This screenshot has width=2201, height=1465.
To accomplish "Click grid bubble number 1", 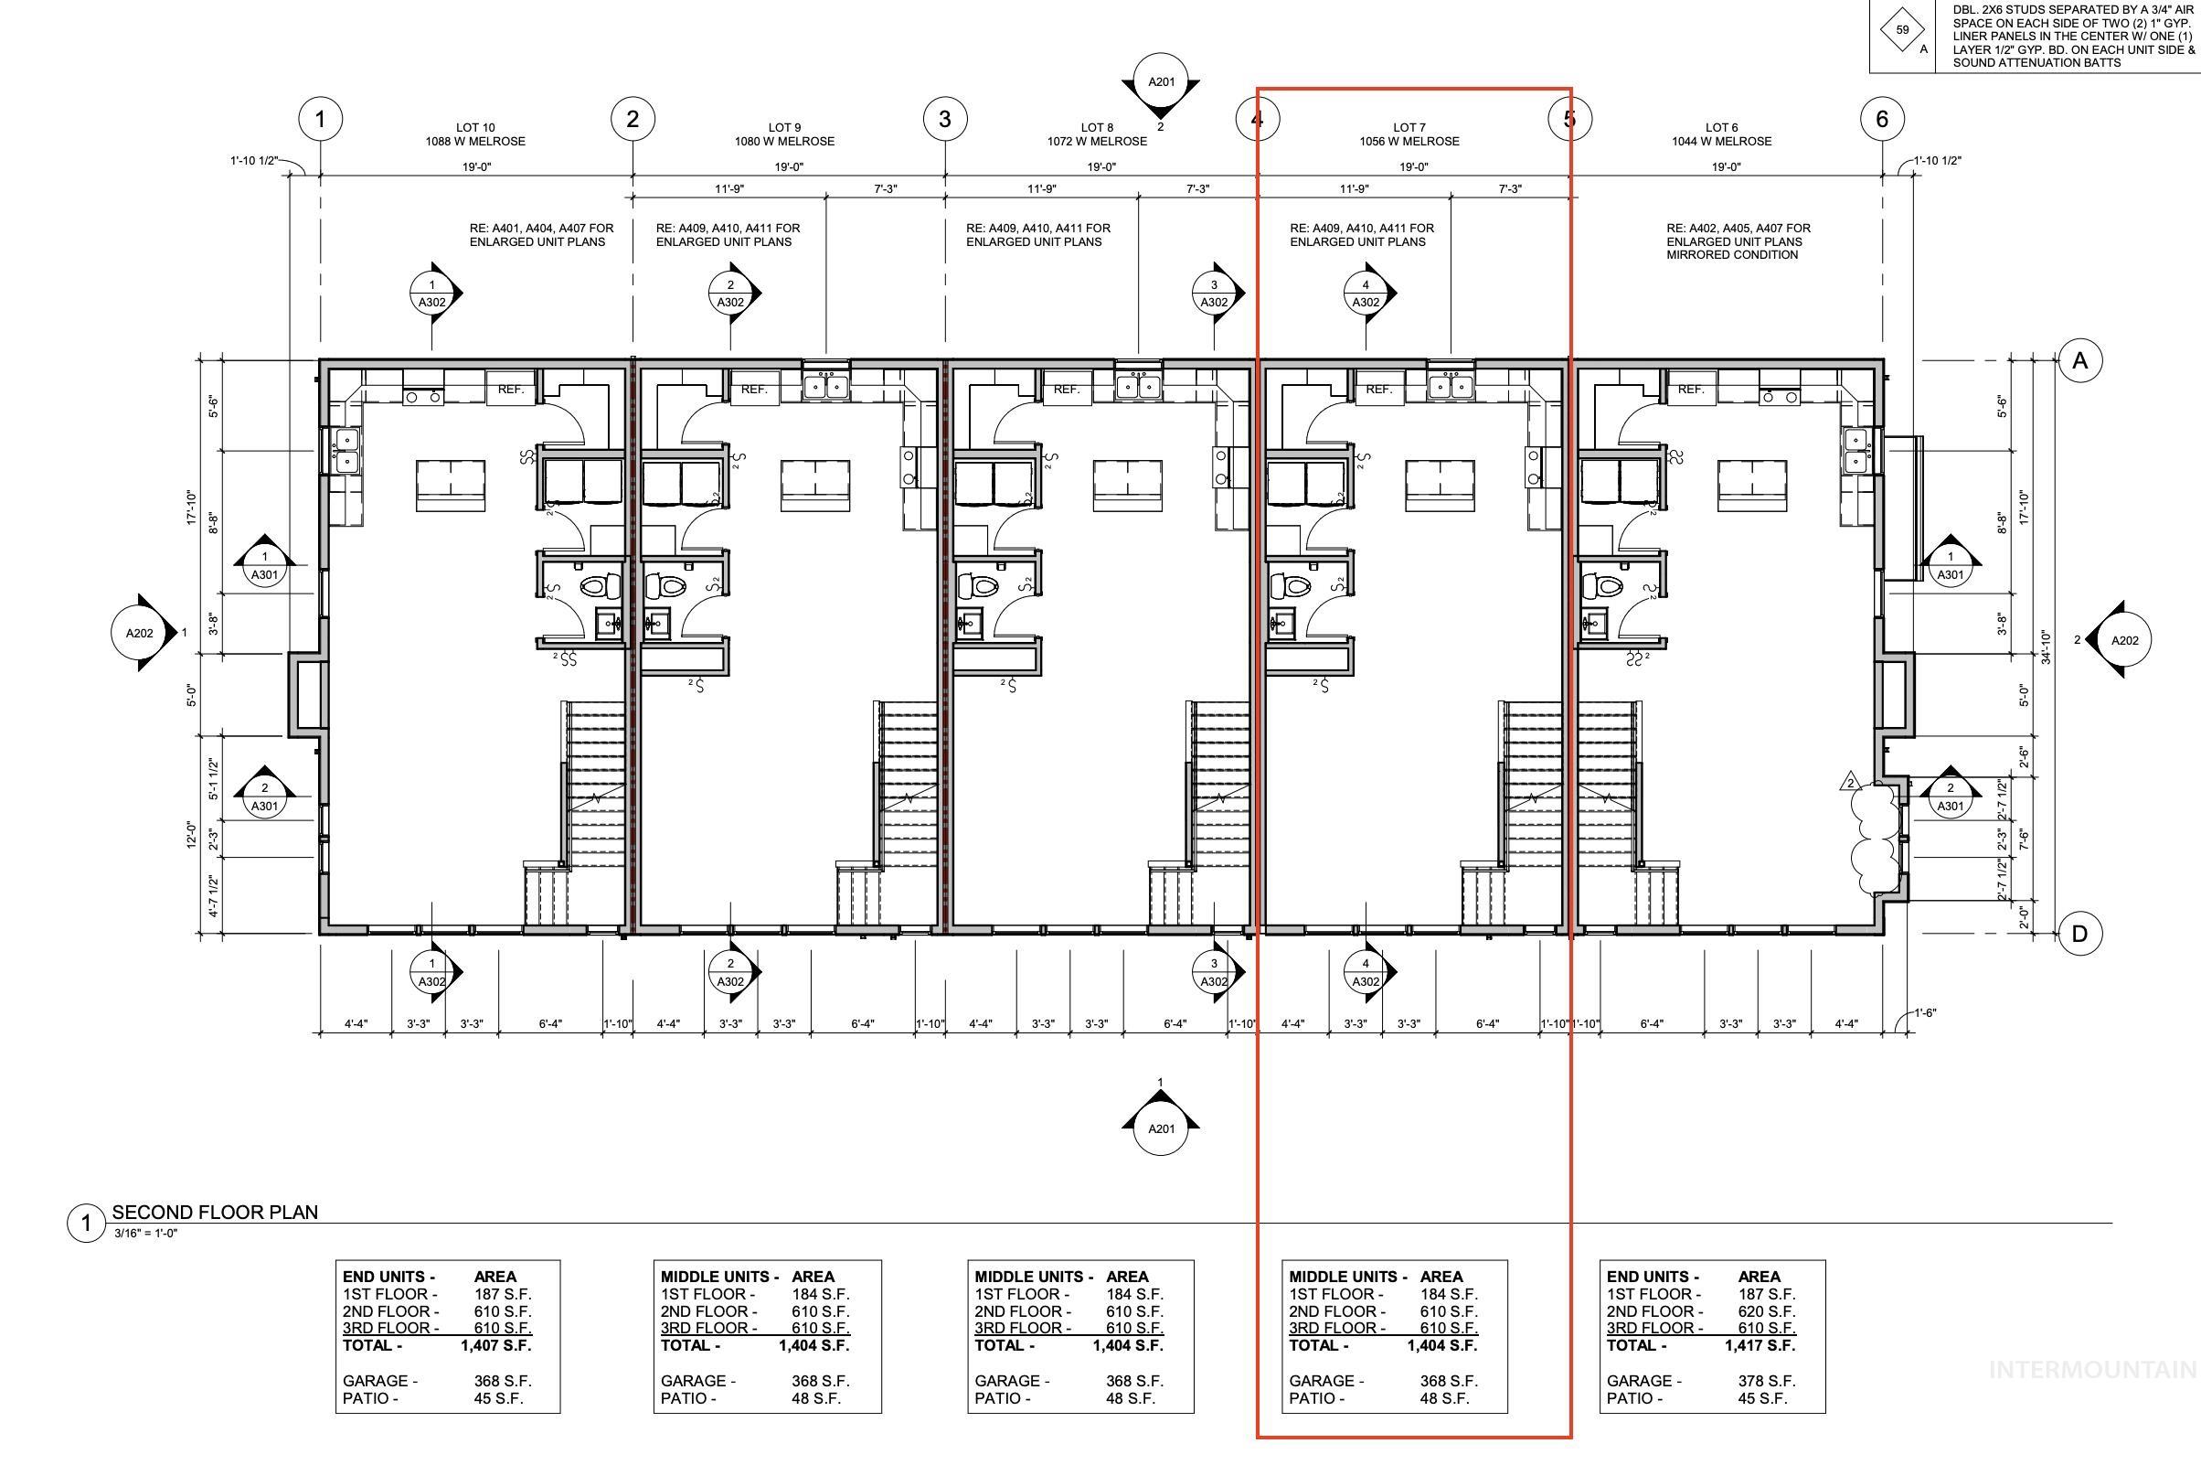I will pos(320,119).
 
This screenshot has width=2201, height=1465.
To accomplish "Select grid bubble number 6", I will pos(1882,119).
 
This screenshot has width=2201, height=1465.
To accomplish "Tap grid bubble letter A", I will pos(2079,360).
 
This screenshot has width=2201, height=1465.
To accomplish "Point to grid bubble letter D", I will pos(2079,934).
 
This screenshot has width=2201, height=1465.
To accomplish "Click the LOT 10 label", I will pos(475,127).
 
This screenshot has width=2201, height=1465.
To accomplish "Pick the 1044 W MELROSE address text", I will pos(1721,141).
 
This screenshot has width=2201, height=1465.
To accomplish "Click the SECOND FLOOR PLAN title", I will pos(215,1212).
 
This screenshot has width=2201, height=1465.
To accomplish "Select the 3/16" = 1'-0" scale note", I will pos(145,1234).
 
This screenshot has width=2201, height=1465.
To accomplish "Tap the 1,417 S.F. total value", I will pos(1760,1345).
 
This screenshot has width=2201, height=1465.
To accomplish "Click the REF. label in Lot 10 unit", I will pos(510,389).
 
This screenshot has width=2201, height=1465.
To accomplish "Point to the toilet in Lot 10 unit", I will pos(600,587).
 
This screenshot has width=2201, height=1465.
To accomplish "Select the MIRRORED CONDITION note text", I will pos(1731,254).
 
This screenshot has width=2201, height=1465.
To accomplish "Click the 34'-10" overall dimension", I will pos(2045,647).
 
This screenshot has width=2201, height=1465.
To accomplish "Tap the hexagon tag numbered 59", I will pos(1902,29).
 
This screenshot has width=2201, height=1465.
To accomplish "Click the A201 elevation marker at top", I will pos(1161,82).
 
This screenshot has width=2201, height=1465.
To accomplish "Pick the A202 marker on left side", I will pos(140,633).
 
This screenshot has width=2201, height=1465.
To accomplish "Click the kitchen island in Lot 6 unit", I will pos(1752,485).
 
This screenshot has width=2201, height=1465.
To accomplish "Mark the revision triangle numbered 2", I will pos(1850,782).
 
